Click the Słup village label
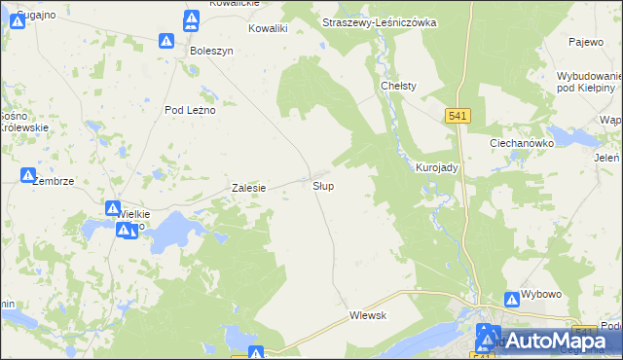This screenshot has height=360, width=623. pos(324,185)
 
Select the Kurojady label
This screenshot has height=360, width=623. pos(436,167)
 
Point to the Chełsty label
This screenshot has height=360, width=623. pos(398,86)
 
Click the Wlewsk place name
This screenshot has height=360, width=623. pos(368,315)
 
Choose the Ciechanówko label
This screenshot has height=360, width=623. pos(521,142)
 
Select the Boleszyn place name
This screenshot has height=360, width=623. pos(212,51)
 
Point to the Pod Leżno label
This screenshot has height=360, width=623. pos(190,110)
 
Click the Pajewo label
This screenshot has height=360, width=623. pos(587,42)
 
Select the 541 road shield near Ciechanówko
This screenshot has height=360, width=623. pos(459,116)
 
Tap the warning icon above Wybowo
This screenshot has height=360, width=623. pos(512,301)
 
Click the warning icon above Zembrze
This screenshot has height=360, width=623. pos(28,175)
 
